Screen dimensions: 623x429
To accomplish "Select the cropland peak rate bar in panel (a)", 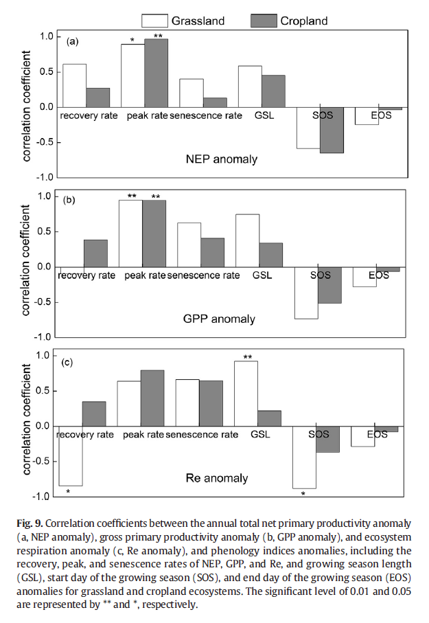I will tap(156, 73).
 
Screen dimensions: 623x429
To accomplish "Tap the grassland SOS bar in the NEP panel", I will tap(308, 128).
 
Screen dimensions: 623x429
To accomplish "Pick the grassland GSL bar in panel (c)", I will tap(246, 394).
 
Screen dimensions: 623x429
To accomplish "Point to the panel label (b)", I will tap(69, 201).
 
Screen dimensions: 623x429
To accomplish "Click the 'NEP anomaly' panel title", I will tap(222, 159).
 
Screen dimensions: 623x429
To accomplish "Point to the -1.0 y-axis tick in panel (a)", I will tap(46, 177).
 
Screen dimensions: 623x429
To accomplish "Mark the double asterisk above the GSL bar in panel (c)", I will tap(247, 356).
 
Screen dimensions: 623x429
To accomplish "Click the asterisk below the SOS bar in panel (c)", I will tap(303, 493).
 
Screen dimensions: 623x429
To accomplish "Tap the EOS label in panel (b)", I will tap(378, 275).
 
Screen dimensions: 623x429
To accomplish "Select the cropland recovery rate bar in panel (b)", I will tap(95, 253).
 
